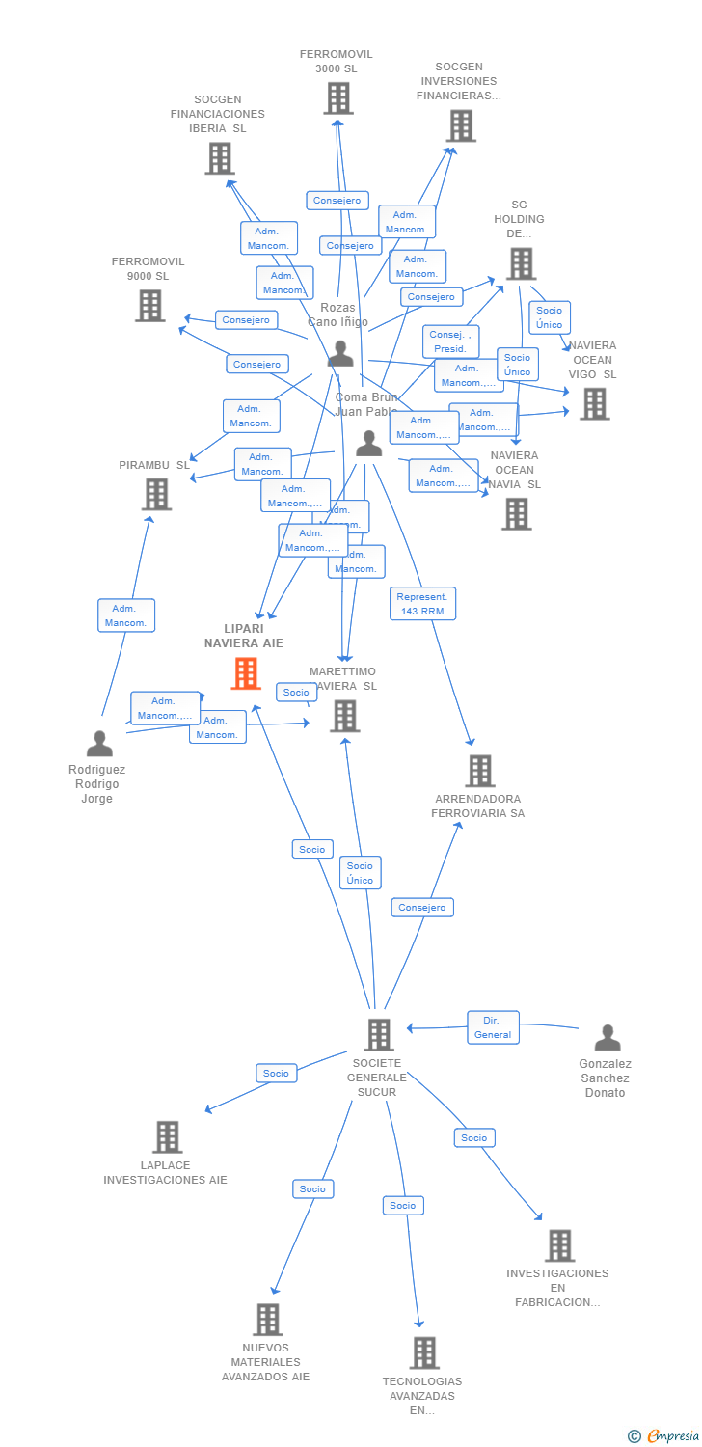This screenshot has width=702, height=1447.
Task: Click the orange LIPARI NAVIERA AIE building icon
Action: point(246,673)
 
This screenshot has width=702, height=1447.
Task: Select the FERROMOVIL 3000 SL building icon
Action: point(337,98)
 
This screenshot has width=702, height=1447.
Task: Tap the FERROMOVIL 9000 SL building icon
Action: point(149,306)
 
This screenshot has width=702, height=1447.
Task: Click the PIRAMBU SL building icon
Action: point(156,494)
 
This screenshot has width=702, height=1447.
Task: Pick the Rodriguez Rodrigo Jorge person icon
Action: point(99,744)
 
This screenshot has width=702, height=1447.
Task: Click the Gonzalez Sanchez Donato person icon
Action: point(607,1038)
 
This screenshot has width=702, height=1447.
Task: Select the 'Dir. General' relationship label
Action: point(493,1027)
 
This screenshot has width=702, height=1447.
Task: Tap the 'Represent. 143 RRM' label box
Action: point(422,604)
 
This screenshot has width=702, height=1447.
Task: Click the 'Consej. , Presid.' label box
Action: point(450,341)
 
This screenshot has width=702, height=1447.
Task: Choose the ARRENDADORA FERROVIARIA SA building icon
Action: point(479,771)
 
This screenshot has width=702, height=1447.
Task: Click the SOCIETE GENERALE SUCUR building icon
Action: point(379,1034)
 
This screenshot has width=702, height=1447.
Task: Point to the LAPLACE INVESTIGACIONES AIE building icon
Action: point(167,1136)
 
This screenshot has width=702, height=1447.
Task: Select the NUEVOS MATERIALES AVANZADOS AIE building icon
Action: point(267,1319)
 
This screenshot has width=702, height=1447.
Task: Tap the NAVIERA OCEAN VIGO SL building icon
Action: point(594,404)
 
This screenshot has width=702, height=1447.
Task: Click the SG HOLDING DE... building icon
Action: point(521,263)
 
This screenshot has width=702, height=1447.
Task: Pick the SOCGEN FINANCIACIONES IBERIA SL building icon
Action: point(219,158)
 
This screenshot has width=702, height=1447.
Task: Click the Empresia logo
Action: point(665,1436)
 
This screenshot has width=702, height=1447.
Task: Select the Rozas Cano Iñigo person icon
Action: point(340,353)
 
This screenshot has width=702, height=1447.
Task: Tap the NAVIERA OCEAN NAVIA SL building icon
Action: point(516,514)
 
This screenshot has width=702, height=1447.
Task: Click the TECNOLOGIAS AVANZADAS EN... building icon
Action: point(424,1352)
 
